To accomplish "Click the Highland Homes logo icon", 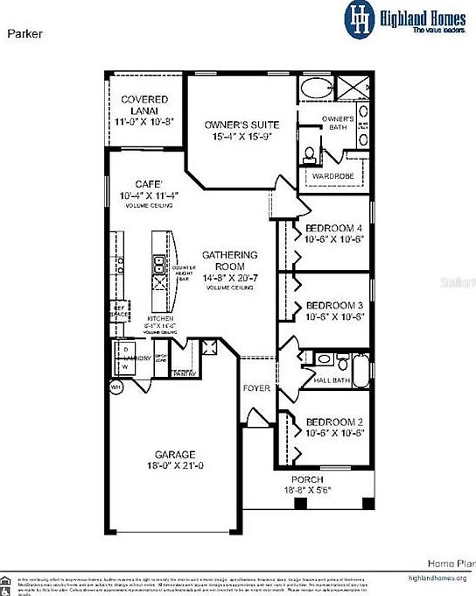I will coord(359,18).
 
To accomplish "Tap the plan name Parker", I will coord(26,34).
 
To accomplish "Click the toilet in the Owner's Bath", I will coord(309,155).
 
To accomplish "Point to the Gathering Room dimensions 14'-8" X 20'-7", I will coord(229,277).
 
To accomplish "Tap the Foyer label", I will coord(257,388).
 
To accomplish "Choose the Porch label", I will coord(307,480).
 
